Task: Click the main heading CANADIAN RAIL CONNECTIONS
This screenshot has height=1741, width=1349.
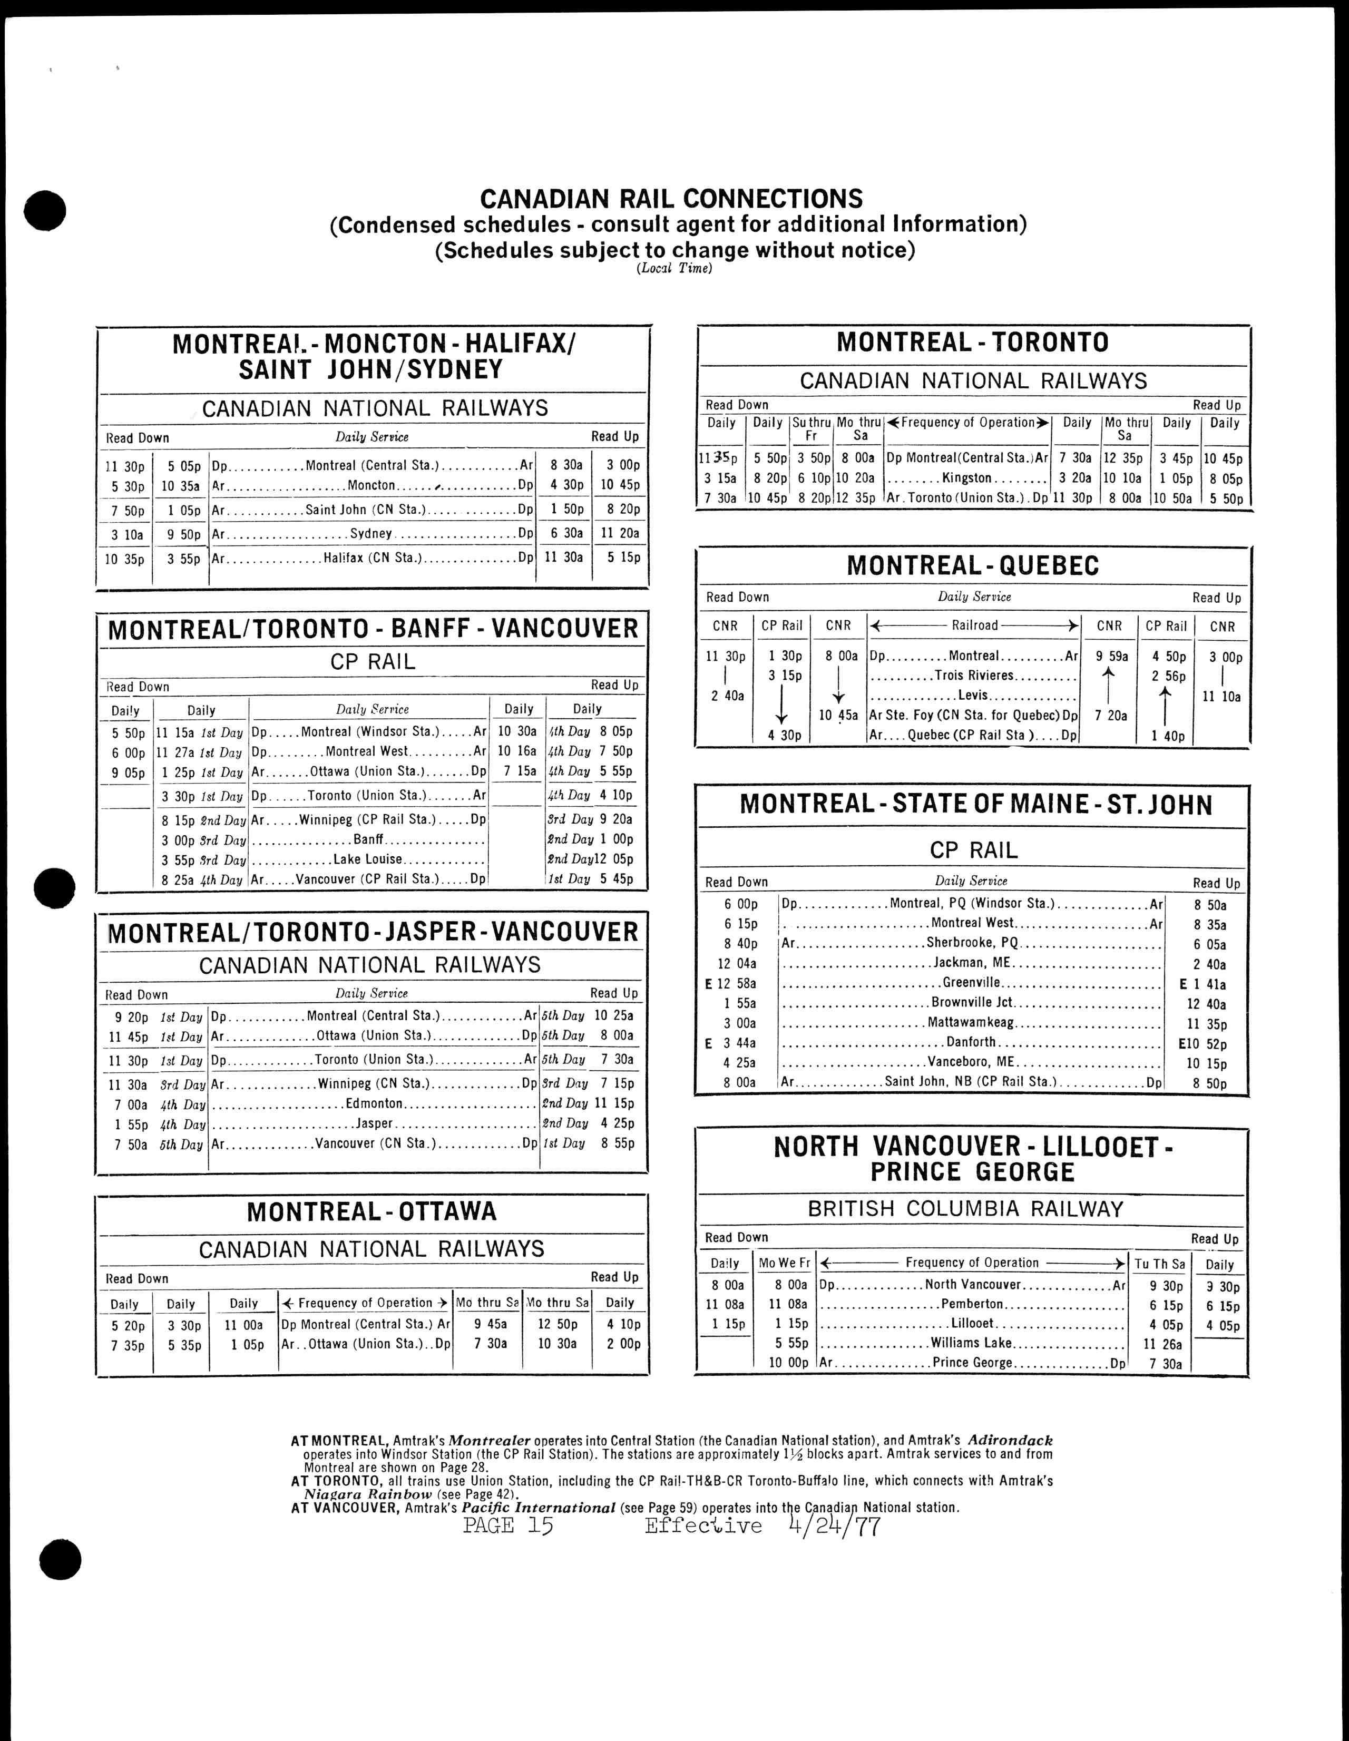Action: pos(671,199)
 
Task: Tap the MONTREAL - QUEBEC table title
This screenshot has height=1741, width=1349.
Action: pos(973,566)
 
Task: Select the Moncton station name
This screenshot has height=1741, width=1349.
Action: pos(372,485)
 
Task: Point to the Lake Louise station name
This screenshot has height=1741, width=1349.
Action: pos(367,859)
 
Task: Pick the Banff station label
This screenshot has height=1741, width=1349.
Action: pos(368,839)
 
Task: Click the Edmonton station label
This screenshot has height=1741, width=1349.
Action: pos(374,1103)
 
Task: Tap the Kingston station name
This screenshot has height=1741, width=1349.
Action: pos(966,478)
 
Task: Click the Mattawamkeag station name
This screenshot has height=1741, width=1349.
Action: pos(970,1023)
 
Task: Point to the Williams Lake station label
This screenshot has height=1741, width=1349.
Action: pos(971,1343)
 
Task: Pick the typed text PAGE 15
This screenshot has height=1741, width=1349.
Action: pos(508,1526)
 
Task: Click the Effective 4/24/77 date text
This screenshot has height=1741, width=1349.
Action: pos(761,1526)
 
